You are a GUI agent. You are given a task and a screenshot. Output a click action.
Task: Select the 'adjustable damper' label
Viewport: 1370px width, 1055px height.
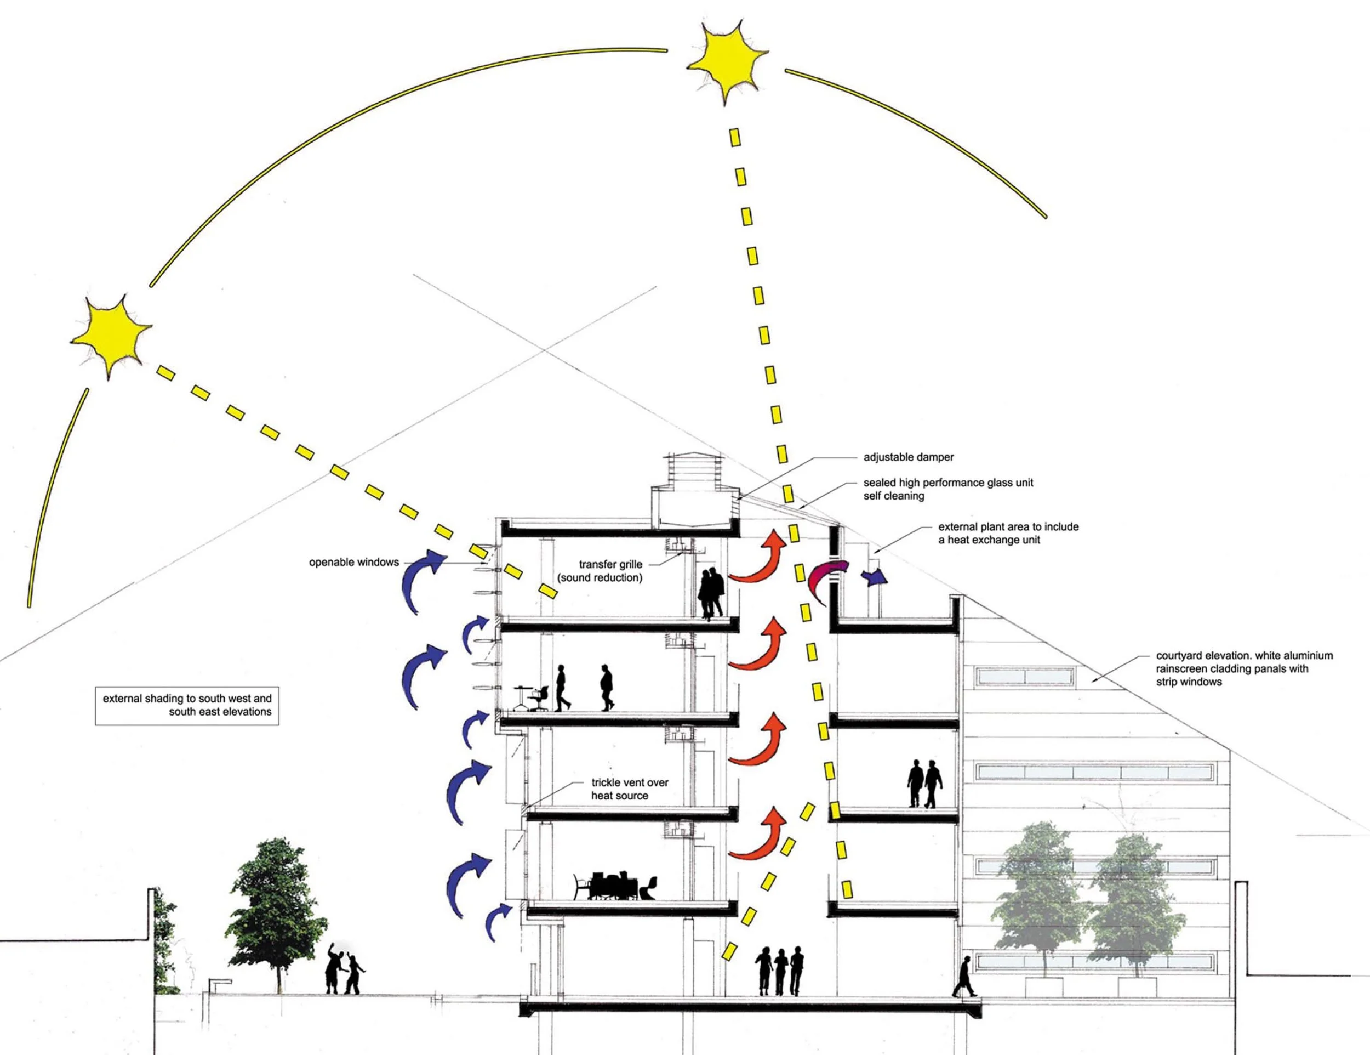click(x=909, y=457)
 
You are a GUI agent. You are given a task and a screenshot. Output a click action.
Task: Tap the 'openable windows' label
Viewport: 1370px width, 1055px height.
click(x=354, y=563)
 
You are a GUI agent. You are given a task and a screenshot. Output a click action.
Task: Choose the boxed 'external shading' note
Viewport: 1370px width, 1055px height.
click(x=187, y=705)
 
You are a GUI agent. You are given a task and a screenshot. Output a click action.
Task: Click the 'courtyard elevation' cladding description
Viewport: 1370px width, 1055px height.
click(x=1244, y=668)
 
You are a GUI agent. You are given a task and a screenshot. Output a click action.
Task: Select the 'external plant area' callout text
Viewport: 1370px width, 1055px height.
click(x=1008, y=533)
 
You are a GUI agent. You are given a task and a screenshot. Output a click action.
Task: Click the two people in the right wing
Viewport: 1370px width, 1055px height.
click(x=924, y=783)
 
